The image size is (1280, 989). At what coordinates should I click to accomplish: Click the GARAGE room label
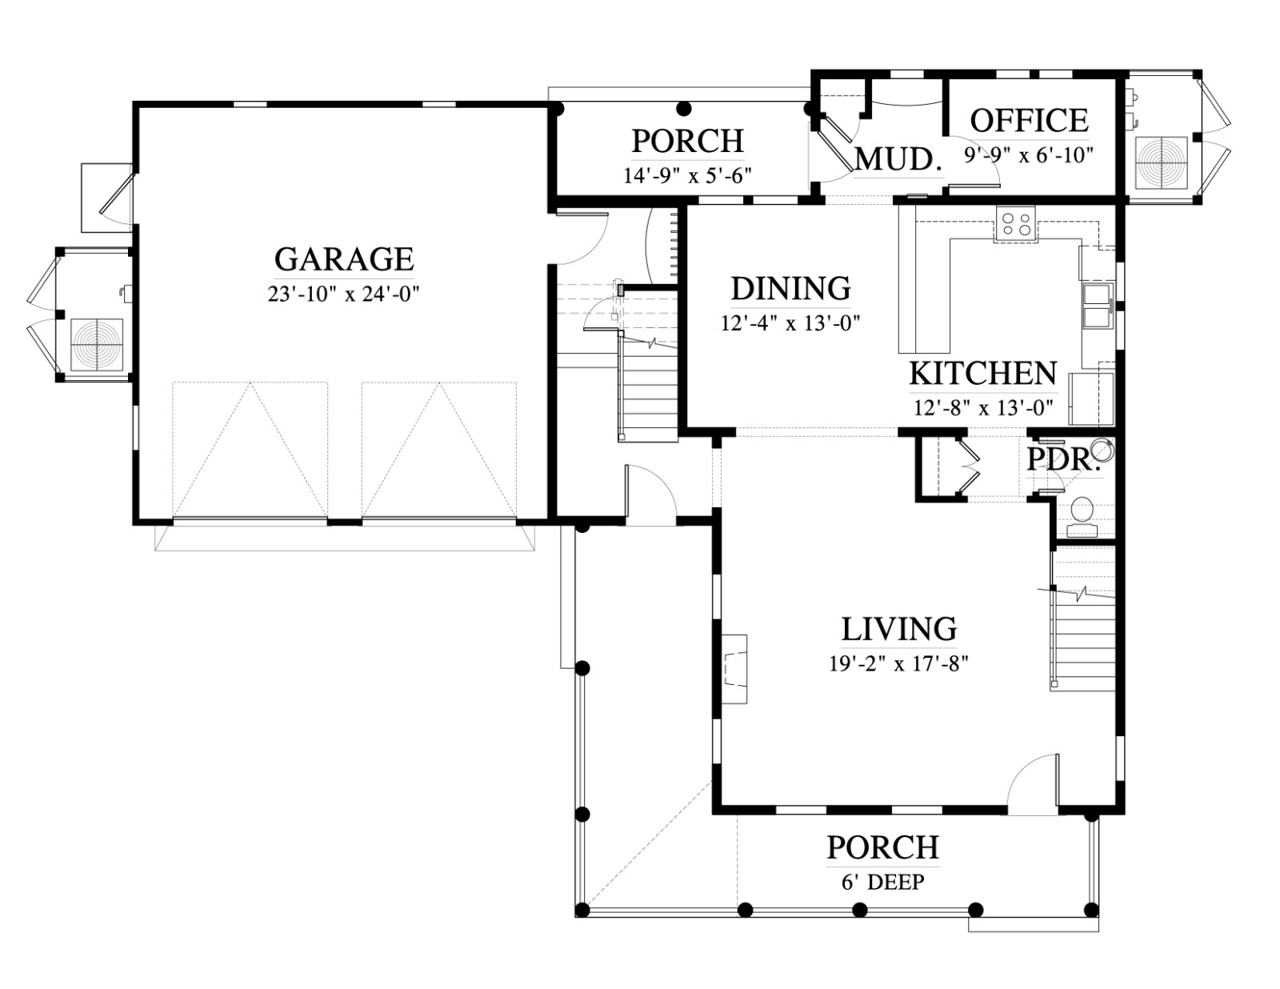point(344,259)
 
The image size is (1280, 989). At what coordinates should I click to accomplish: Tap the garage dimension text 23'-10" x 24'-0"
point(343,294)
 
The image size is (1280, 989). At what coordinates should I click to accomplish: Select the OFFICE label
point(1029,121)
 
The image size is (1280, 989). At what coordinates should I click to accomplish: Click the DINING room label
point(791,289)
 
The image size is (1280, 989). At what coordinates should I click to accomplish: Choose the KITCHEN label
point(983,374)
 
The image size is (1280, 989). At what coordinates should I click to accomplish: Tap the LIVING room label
point(899,630)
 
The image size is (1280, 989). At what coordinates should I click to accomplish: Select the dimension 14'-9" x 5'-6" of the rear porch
point(687,175)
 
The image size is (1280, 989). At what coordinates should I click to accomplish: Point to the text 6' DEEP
point(883,882)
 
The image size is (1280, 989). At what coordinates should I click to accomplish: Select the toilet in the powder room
point(1081,517)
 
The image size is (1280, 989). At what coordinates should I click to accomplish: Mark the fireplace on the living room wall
point(734,669)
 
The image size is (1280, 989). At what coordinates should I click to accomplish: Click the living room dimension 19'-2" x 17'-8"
point(899,664)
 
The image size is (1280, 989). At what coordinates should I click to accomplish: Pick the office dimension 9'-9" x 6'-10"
point(1029,154)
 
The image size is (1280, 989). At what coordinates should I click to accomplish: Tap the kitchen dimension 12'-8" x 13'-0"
point(983,407)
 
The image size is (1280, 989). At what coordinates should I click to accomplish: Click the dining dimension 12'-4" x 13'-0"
point(791,322)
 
